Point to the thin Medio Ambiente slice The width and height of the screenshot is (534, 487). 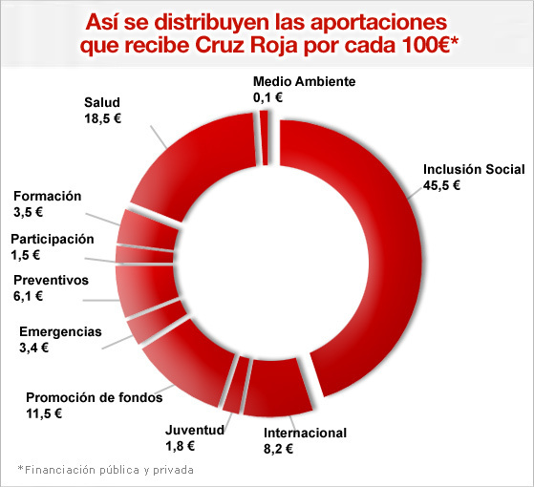click(264, 138)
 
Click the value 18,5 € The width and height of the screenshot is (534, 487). click(104, 119)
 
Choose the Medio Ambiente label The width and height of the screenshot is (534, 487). click(304, 81)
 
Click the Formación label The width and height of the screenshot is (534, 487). click(47, 196)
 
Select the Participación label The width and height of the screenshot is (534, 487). click(53, 239)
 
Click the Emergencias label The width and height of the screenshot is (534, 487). click(60, 331)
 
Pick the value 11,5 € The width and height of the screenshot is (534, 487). click(45, 413)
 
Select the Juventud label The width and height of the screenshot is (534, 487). click(195, 430)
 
